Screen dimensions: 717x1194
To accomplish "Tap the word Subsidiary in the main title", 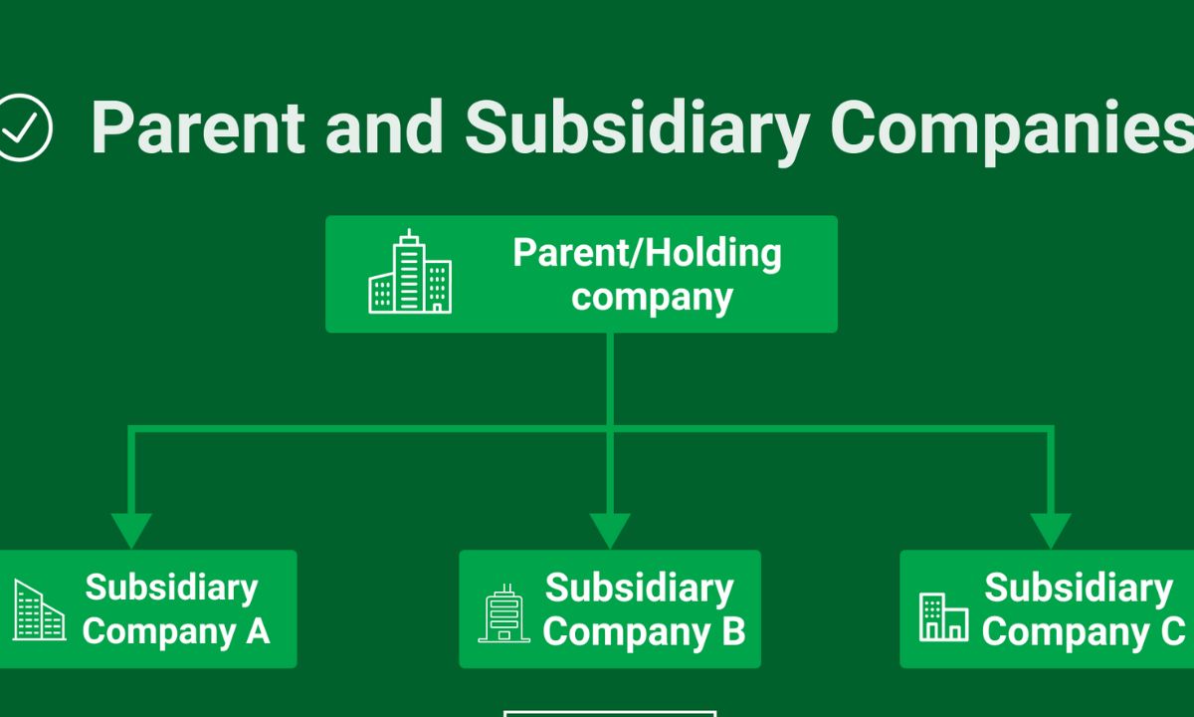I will tap(637, 127).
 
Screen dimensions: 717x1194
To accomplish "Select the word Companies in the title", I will tap(1010, 127).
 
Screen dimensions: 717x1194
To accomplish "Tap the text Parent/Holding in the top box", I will tap(647, 253).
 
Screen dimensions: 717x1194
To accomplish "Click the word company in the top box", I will tap(653, 297).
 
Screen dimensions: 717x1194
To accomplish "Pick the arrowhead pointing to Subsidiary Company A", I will tap(131, 529).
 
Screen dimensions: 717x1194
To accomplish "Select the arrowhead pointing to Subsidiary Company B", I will tap(610, 529).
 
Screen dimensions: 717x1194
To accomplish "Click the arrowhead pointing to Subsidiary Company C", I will tap(1051, 529).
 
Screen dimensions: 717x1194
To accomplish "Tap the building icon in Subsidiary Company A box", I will tap(39, 610).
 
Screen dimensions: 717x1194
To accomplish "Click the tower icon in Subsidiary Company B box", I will tap(504, 612).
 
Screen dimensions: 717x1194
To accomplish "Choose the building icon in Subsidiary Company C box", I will tap(943, 616).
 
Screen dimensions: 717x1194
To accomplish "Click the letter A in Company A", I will tap(258, 631).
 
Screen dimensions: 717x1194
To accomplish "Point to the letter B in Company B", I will tap(734, 631).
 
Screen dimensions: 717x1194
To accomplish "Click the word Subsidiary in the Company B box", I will tap(639, 588).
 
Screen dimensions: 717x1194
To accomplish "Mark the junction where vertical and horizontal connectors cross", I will tap(610, 429).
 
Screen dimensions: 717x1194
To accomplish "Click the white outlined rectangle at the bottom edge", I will tap(609, 713).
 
